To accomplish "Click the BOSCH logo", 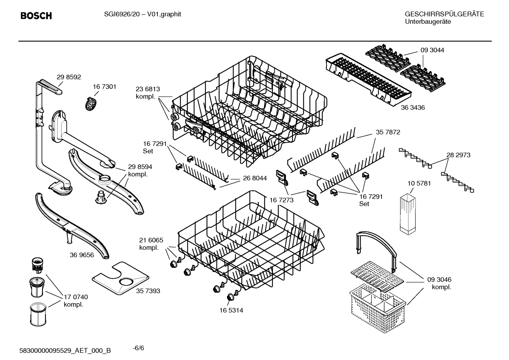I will pyautogui.click(x=36, y=16).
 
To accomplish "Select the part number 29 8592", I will pyautogui.click(x=69, y=77).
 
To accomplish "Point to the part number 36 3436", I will pyautogui.click(x=413, y=108).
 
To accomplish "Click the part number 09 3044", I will pyautogui.click(x=432, y=50).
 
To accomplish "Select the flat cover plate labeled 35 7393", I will pyautogui.click(x=120, y=279).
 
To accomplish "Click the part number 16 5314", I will pyautogui.click(x=231, y=311).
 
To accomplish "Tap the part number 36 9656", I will pyautogui.click(x=82, y=255).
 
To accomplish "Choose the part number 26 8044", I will pyautogui.click(x=254, y=178).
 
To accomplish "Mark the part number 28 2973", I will pyautogui.click(x=458, y=155).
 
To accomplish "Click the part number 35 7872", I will pyautogui.click(x=388, y=132).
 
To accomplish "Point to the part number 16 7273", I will pyautogui.click(x=281, y=200).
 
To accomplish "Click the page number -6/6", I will pyautogui.click(x=138, y=348).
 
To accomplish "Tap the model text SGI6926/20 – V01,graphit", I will pyautogui.click(x=143, y=14).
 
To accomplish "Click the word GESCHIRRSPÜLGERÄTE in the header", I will pyautogui.click(x=444, y=14).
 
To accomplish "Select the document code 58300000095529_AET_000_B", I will pyautogui.click(x=65, y=350).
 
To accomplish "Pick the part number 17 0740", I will pyautogui.click(x=76, y=297).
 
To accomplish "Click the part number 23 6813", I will pyautogui.click(x=148, y=89).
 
